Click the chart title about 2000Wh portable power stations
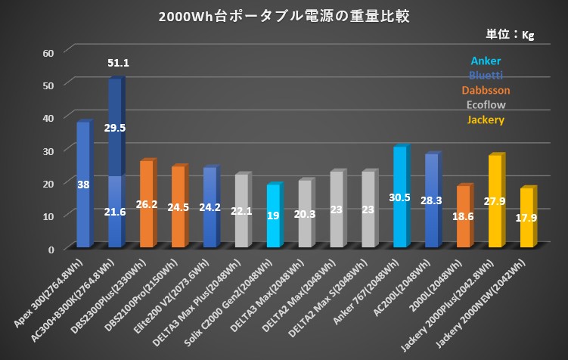coord(284,17)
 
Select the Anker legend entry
coord(486,61)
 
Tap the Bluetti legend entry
coord(486,75)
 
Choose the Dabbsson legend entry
coord(486,90)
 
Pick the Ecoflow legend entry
coord(486,105)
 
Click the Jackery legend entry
coord(486,119)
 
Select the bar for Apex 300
coord(83,185)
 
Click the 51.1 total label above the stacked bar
coord(118,63)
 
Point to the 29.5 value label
coord(115,128)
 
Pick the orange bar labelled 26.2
coord(147,203)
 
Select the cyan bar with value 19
coord(273,215)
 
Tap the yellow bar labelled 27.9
coord(495,200)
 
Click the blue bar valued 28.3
coord(432,200)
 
